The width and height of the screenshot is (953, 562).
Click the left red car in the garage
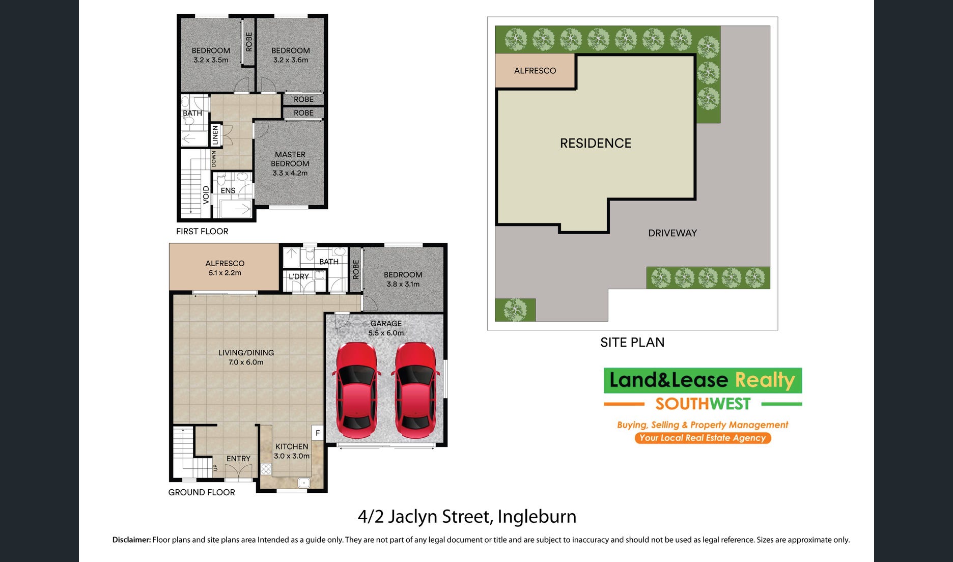pyautogui.click(x=356, y=390)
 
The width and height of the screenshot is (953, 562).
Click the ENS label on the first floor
pyautogui.click(x=228, y=191)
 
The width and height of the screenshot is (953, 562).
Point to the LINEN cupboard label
pyautogui.click(x=215, y=135)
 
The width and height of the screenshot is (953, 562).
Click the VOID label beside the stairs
pyautogui.click(x=206, y=195)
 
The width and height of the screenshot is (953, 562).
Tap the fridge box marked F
pyautogui.click(x=318, y=433)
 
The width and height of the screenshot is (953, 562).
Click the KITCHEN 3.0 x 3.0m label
pyautogui.click(x=292, y=451)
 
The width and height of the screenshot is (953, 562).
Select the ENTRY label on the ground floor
pyautogui.click(x=238, y=459)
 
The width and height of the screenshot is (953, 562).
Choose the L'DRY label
pyautogui.click(x=299, y=276)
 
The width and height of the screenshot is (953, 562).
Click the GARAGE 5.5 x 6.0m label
pyautogui.click(x=386, y=328)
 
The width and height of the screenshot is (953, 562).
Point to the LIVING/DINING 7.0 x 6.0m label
pyautogui.click(x=246, y=357)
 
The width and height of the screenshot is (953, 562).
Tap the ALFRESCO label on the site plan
pyautogui.click(x=535, y=71)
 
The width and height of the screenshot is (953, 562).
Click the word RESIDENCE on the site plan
pyautogui.click(x=596, y=144)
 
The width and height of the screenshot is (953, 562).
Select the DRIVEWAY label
pyautogui.click(x=672, y=233)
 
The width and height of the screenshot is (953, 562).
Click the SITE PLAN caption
pyautogui.click(x=632, y=342)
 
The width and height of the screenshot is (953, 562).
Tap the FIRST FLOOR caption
pyautogui.click(x=202, y=231)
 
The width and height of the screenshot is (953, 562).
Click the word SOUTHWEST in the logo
pyautogui.click(x=703, y=404)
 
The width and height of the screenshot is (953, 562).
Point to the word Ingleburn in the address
pyautogui.click(x=537, y=517)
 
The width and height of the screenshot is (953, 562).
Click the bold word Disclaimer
pyautogui.click(x=132, y=540)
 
